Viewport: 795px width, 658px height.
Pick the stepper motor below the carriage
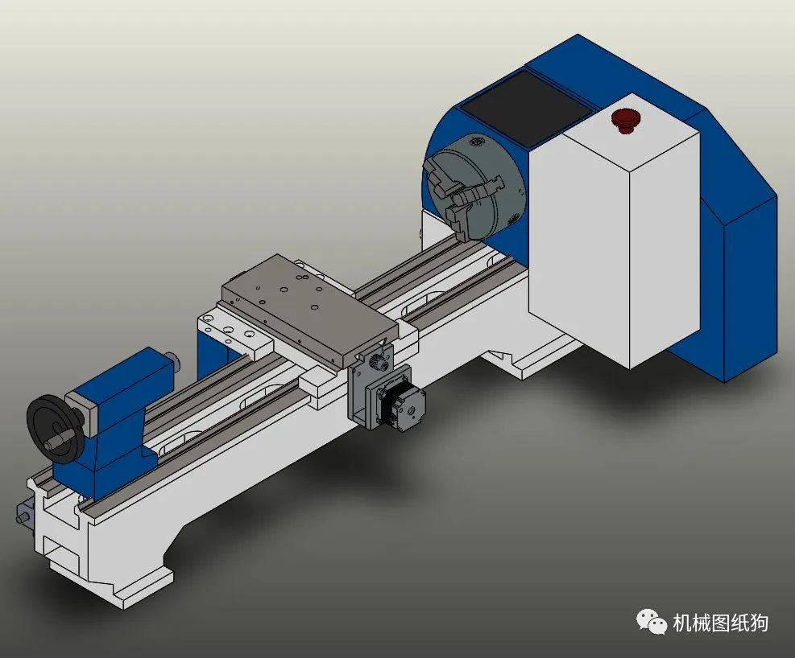pos(400,404)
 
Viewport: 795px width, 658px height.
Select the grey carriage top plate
pos(309,308)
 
